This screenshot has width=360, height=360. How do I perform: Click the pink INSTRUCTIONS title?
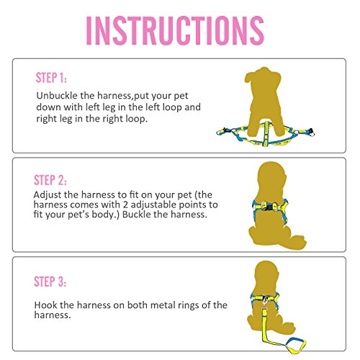tap(175, 31)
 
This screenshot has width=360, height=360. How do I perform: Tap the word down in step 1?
tap(48, 106)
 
